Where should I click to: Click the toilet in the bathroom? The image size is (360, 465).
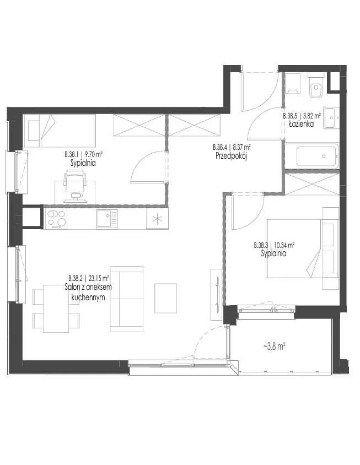(x=315, y=86)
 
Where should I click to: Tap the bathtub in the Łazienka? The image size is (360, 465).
(x=318, y=156)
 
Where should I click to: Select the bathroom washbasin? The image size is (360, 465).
(x=331, y=117)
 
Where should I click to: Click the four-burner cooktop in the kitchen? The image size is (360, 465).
(x=56, y=219)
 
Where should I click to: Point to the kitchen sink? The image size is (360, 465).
(x=106, y=219)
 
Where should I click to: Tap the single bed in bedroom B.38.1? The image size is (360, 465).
(x=60, y=131)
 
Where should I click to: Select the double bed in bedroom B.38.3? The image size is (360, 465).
(x=302, y=248)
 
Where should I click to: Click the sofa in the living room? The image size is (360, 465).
(x=127, y=299)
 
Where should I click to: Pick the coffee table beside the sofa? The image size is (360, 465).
(x=165, y=298)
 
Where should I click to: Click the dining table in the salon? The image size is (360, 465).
(x=56, y=309)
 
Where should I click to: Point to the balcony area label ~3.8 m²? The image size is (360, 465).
(x=274, y=346)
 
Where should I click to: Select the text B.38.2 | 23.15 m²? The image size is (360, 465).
(x=89, y=278)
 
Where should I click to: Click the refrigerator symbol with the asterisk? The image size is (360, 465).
(x=157, y=219)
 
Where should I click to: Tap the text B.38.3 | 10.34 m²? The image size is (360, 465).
(x=274, y=245)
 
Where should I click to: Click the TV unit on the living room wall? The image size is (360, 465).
(x=216, y=294)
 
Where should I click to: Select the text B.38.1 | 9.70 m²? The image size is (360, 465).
(x=84, y=154)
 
